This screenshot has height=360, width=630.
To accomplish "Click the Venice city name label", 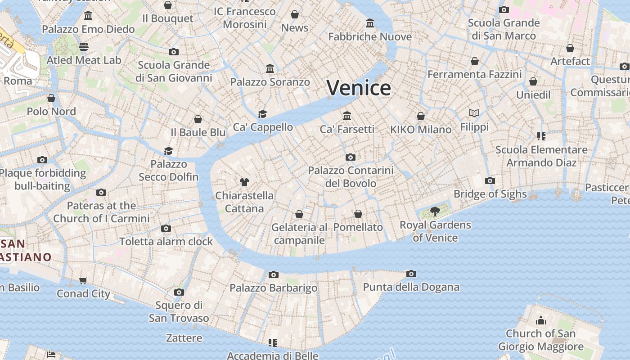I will tap(359, 88).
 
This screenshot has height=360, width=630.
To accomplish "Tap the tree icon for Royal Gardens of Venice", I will tap(435, 211).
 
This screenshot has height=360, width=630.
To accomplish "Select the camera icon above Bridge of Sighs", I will tap(490, 181).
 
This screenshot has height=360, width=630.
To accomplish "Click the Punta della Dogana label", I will tap(411, 287).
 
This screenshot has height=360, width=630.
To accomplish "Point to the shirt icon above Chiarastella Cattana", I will tap(244, 182).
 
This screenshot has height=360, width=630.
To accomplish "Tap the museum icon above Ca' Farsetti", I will tap(347, 116).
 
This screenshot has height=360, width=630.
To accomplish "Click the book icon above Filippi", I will tap(474, 113).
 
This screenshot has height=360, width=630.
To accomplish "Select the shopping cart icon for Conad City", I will tap(83, 281).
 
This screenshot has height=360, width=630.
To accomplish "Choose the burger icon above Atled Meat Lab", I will tap(84, 47).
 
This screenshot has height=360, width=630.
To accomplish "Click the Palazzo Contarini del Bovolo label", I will tap(351, 177).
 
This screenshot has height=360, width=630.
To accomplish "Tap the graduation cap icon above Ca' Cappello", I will tap(262, 114).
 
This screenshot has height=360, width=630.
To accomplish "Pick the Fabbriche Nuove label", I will tap(370, 36).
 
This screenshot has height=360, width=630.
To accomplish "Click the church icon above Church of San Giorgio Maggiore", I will tap(540, 320).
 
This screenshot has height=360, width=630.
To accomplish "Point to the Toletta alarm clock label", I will tap(166, 242).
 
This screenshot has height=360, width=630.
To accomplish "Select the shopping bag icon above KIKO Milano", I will tap(421, 117).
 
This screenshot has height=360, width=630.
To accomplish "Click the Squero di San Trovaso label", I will tap(179, 311).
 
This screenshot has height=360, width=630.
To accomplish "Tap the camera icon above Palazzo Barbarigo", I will tap(273, 275).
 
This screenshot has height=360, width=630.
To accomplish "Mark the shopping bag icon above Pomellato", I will tap(358, 214).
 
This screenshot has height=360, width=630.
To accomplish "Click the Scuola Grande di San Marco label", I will tap(504, 29).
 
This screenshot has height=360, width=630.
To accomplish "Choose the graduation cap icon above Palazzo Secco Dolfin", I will tap(169, 151).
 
